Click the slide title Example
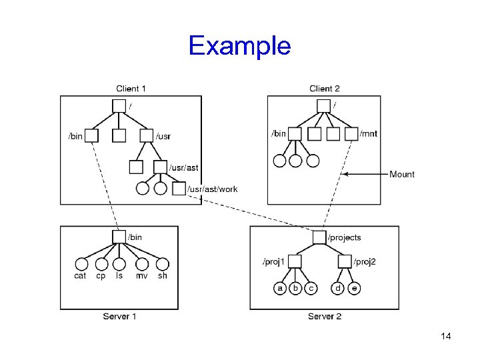point(239,46)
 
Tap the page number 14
point(446,336)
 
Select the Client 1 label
point(131,89)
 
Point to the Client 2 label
point(325,89)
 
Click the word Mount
point(402,174)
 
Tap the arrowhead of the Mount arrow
point(344,174)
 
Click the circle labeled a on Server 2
point(281,289)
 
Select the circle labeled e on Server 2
point(354,289)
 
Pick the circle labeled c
point(311,289)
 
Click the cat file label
point(80,276)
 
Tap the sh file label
point(162,276)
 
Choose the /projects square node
point(319,237)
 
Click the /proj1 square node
point(295,261)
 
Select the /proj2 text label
point(365,261)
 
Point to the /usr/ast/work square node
point(178,189)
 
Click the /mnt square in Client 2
point(351,135)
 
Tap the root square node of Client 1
point(119,105)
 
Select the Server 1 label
point(120,316)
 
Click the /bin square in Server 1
point(119,237)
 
